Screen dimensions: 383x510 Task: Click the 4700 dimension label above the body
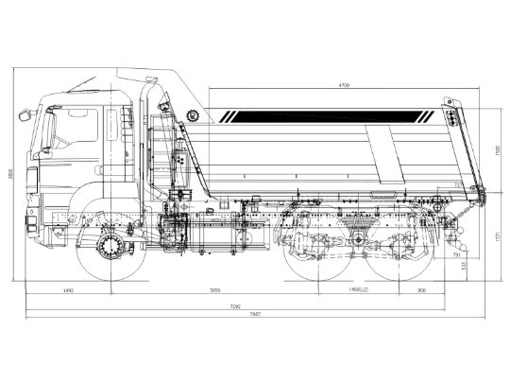[x=343, y=86]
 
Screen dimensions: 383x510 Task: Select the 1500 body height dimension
[x=496, y=152]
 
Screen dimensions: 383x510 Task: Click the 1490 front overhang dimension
[x=67, y=291]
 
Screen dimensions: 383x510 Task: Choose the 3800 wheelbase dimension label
[x=215, y=291]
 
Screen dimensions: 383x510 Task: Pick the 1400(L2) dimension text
[x=358, y=291]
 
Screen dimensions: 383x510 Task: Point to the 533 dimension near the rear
[x=489, y=268]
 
